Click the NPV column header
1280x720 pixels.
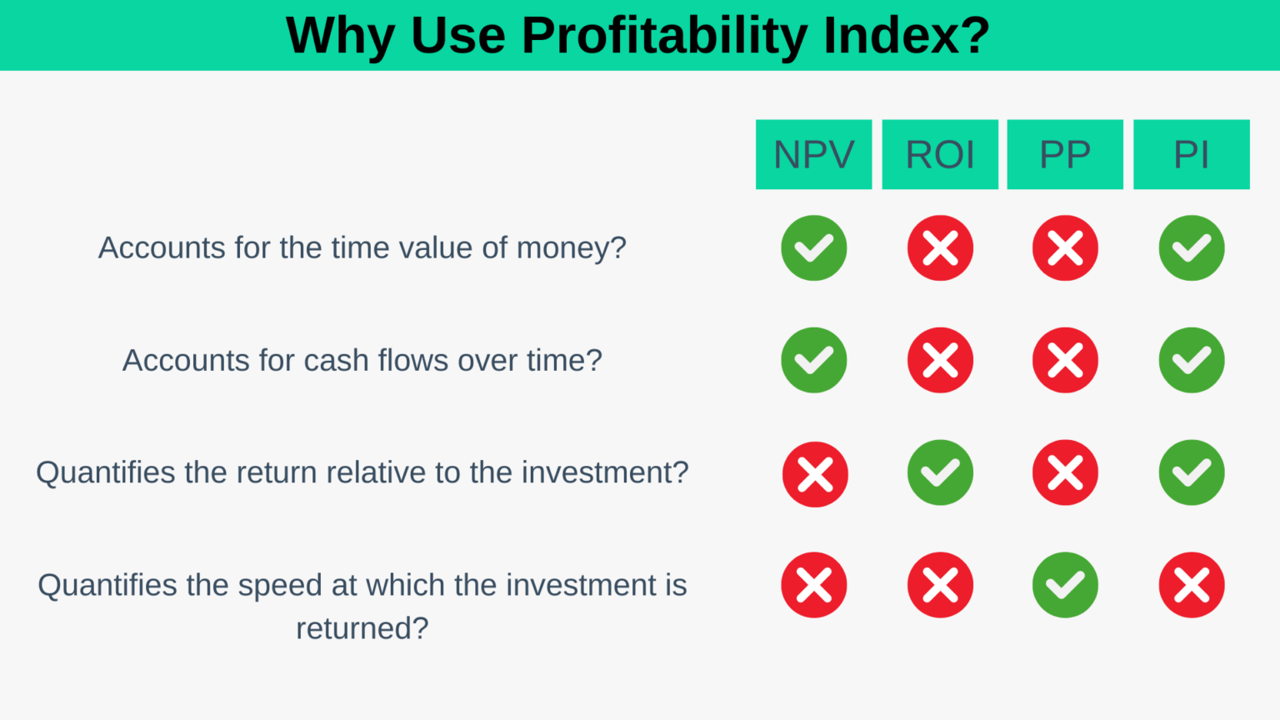click(813, 154)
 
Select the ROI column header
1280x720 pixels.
click(940, 154)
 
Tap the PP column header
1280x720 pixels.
click(1065, 154)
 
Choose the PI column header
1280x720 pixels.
click(1191, 154)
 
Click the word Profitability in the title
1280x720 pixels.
click(663, 36)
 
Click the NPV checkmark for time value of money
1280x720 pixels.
click(813, 247)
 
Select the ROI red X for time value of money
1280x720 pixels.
click(940, 247)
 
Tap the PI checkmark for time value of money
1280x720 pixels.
click(1191, 247)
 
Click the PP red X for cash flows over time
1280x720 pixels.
click(1065, 360)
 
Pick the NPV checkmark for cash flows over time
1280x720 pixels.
click(813, 360)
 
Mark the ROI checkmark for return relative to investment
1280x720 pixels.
click(940, 472)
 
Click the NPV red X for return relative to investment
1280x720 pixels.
click(814, 474)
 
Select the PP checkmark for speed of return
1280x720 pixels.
click(1065, 585)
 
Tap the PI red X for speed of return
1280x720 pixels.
click(1191, 585)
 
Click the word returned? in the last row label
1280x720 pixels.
click(362, 628)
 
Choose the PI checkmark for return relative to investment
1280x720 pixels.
click(1191, 472)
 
